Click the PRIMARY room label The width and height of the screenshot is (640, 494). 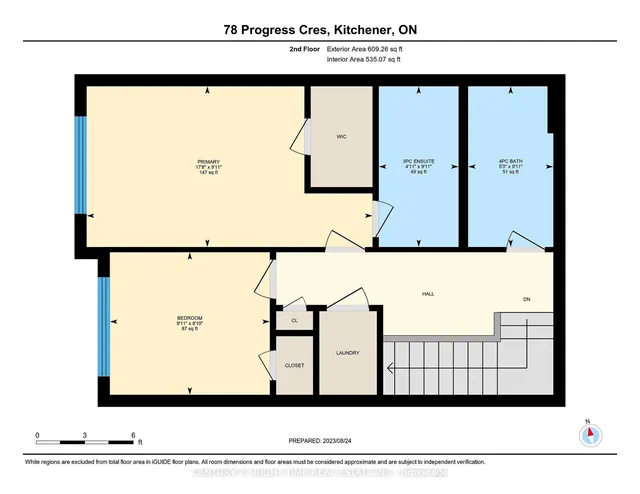click(208, 160)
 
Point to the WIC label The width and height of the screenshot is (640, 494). click(340, 137)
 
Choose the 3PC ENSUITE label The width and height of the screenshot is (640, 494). click(417, 160)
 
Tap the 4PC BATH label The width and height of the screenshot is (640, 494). click(510, 160)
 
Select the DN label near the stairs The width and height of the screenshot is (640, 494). click(526, 299)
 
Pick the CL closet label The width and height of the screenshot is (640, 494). click(294, 321)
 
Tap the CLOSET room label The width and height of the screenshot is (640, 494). click(294, 366)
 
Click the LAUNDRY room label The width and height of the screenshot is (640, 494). click(347, 353)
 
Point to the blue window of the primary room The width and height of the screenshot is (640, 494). click(81, 165)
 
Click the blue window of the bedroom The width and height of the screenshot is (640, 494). click(103, 326)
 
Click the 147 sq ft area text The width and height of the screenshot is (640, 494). click(208, 172)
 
